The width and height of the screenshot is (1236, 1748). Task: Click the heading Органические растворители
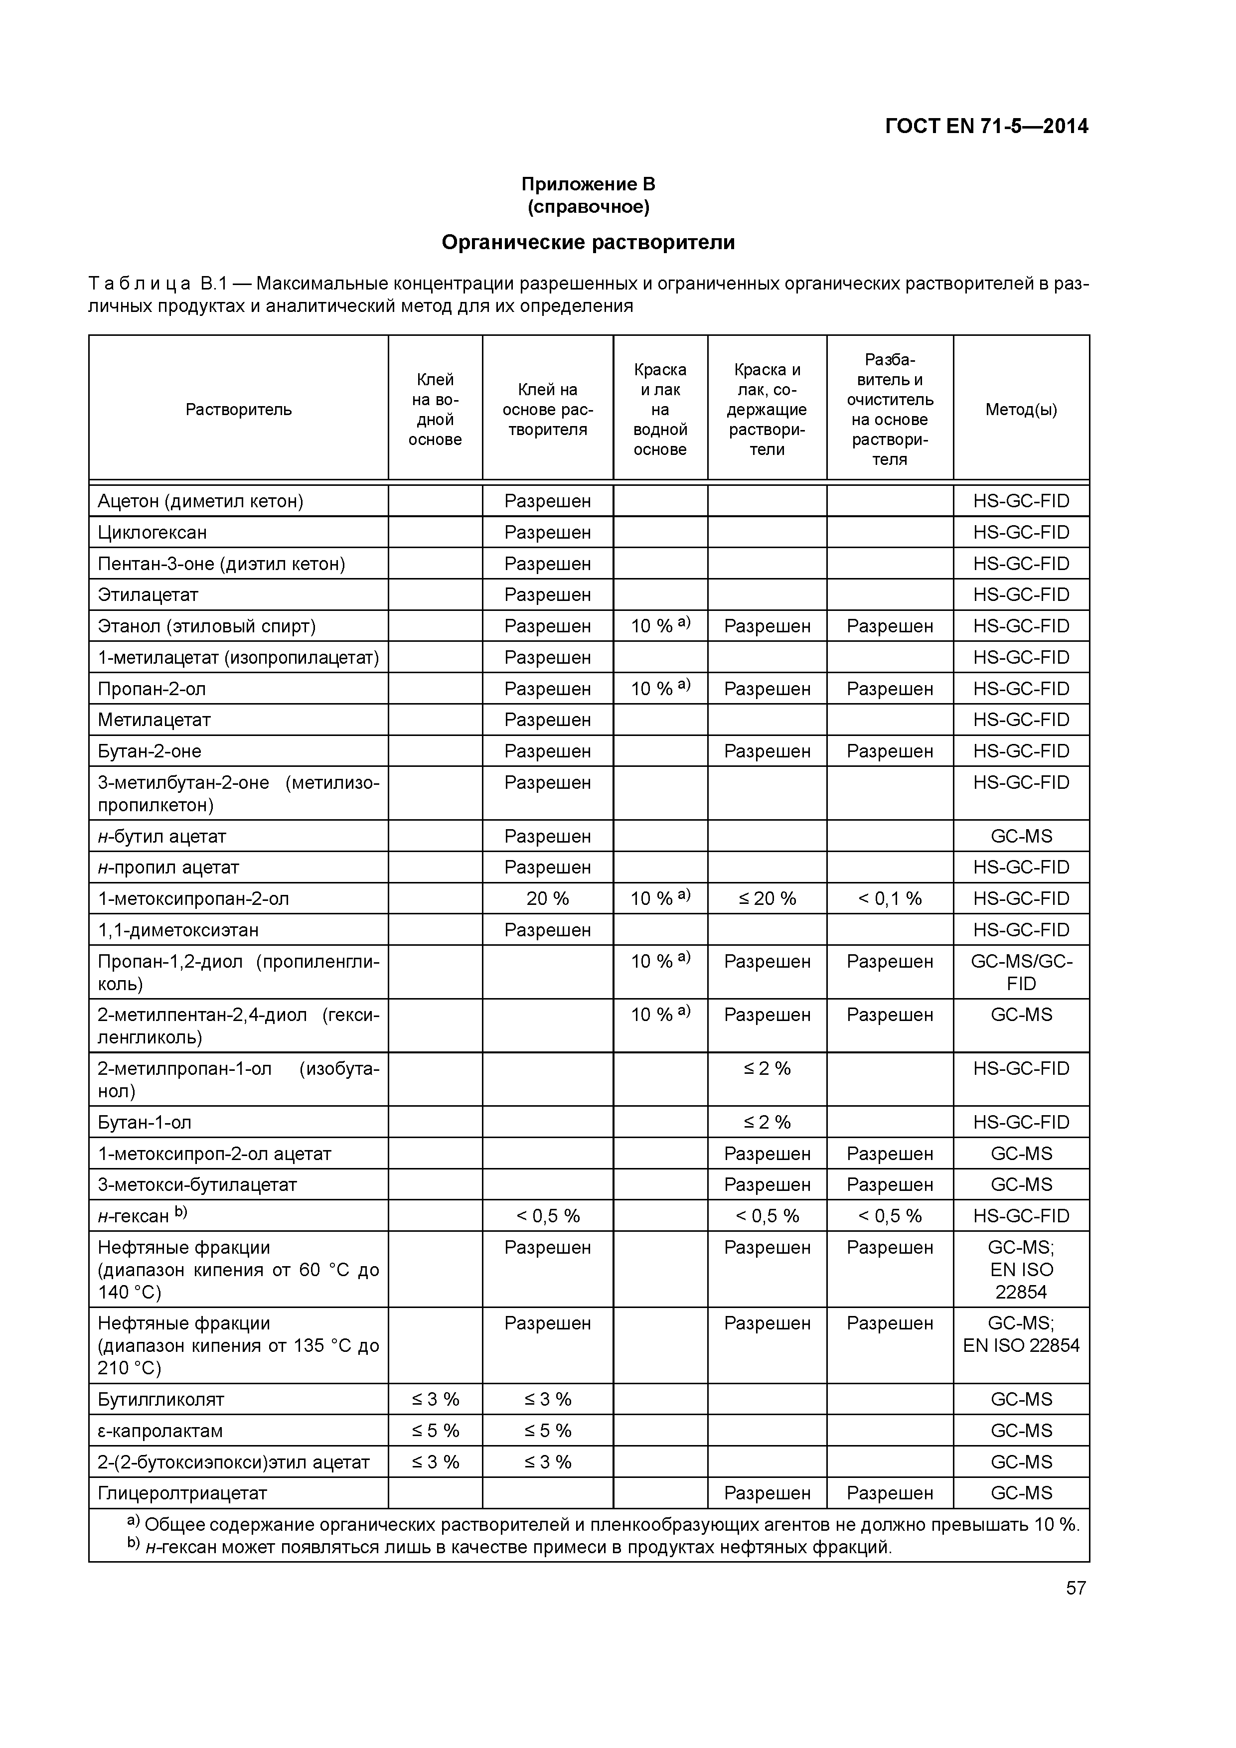coord(588,242)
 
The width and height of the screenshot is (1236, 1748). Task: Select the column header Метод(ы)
coord(1021,410)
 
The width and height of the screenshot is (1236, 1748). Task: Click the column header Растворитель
coord(238,410)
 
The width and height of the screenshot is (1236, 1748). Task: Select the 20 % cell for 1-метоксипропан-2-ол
coord(548,898)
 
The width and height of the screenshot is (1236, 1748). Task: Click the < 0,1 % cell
coord(890,898)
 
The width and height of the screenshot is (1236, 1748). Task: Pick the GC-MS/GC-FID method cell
coord(1021,972)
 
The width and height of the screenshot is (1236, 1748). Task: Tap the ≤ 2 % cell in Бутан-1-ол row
coord(767,1122)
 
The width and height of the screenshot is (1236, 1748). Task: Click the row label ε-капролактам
coord(160,1431)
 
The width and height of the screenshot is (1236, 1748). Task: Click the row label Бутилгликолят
coord(160,1399)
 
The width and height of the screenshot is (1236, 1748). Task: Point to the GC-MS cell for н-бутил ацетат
coord(1021,836)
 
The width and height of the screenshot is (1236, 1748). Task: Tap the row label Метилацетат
coord(154,720)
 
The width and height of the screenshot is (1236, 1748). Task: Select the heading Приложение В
coord(588,184)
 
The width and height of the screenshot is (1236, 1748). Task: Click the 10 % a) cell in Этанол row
coord(659,626)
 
